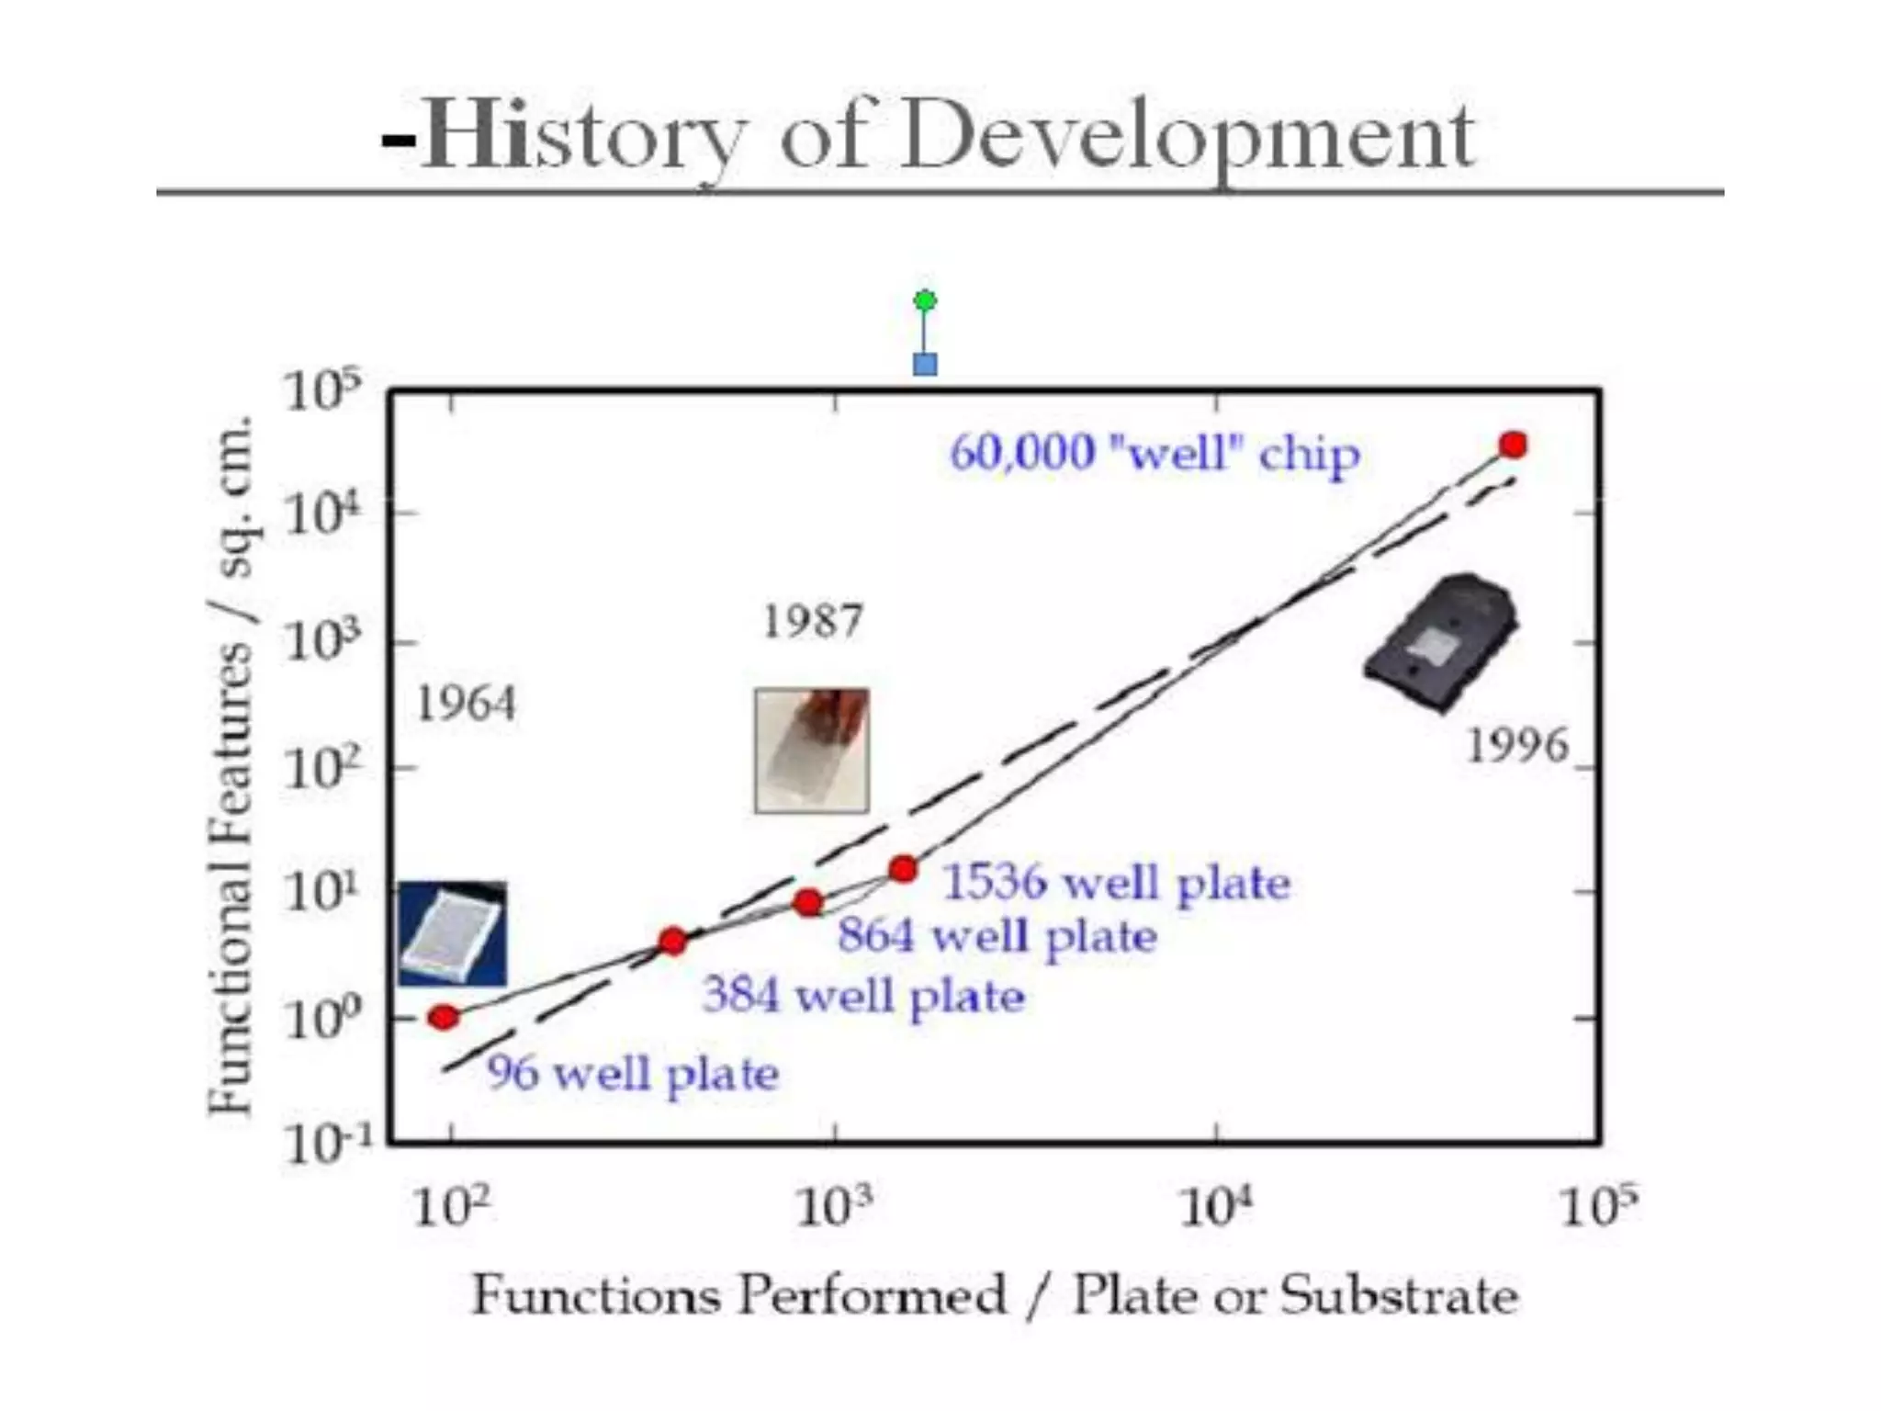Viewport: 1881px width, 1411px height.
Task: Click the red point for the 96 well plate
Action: point(444,1017)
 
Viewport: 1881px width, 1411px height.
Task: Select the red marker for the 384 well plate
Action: point(673,942)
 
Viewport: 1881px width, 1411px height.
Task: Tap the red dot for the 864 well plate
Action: point(808,903)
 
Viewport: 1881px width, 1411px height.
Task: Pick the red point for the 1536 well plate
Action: point(904,868)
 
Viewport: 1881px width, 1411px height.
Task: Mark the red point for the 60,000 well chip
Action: point(1513,446)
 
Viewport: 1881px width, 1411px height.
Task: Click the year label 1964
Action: point(466,705)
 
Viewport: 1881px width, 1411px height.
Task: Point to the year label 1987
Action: point(813,622)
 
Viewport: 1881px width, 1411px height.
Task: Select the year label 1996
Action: point(1516,746)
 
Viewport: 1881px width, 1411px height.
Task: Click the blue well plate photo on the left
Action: point(452,934)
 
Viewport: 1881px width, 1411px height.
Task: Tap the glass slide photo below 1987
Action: point(812,751)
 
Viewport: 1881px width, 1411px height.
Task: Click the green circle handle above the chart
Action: point(925,300)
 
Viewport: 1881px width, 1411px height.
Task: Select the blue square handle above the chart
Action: point(925,365)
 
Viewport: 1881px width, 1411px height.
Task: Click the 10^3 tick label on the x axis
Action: point(833,1207)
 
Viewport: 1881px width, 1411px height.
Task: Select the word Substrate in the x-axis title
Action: point(1399,1296)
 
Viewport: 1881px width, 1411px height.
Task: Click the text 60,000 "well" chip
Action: point(1155,454)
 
